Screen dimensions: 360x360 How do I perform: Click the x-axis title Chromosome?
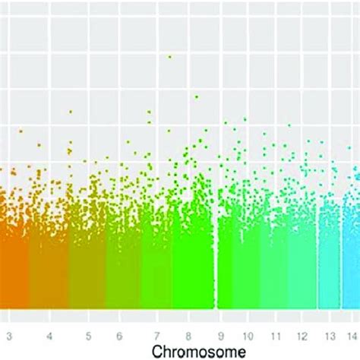197,351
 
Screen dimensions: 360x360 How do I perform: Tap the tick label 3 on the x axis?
8,335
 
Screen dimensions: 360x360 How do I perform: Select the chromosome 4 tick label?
49,335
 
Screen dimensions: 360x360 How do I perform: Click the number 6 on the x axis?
119,335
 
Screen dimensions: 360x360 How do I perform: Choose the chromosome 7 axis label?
157,335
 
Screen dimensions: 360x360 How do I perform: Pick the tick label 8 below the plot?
189,335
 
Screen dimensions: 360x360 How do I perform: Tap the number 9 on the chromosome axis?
220,335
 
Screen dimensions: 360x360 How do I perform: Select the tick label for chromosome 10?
248,335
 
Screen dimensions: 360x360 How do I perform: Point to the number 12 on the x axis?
304,335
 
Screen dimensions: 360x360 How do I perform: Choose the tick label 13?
330,335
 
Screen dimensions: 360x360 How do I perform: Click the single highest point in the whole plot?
169,56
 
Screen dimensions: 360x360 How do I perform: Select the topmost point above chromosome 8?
196,96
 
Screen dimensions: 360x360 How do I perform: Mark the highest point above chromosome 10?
245,118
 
